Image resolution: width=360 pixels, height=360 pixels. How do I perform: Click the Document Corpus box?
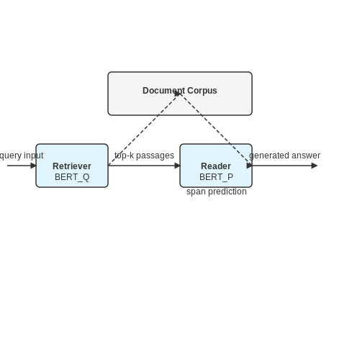[x=180, y=94]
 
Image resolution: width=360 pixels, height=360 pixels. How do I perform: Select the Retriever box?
[x=72, y=166]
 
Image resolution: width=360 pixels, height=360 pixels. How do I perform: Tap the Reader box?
[x=216, y=166]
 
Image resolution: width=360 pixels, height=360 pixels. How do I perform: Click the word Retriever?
[x=72, y=166]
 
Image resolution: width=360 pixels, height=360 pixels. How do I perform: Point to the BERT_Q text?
[x=72, y=177]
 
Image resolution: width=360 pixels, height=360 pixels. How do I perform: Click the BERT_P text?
[x=216, y=177]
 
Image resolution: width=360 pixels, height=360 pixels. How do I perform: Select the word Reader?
[x=216, y=166]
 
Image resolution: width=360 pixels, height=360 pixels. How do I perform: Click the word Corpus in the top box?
[x=202, y=91]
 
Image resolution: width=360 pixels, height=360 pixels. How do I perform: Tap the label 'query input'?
[x=22, y=156]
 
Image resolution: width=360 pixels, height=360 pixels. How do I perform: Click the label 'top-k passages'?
[x=144, y=156]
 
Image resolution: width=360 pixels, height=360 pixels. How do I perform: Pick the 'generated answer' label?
[x=284, y=156]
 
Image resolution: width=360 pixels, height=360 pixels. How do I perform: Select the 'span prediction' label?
[x=217, y=192]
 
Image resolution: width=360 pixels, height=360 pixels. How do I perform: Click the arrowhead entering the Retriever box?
[x=33, y=166]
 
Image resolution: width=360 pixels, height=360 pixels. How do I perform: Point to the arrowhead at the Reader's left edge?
[x=177, y=166]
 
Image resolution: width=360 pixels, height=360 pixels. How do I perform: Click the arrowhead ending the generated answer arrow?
[x=315, y=166]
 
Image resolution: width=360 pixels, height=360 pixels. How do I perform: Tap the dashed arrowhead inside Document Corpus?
[x=178, y=94]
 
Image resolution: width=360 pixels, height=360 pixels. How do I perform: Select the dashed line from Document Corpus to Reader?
[x=216, y=129]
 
